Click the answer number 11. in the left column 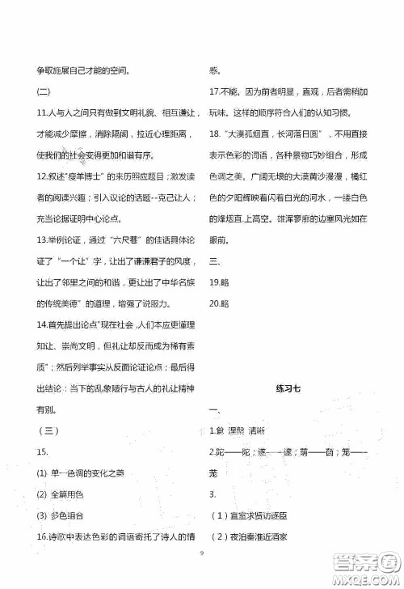42,112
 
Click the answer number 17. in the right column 216,91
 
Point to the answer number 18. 216,133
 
